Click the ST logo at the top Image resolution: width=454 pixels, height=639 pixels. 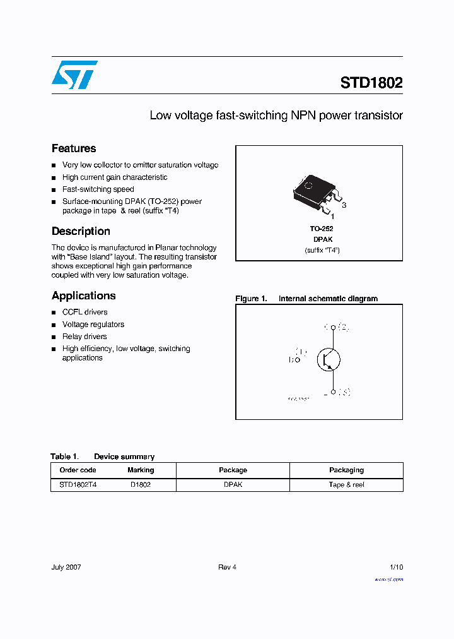pyautogui.click(x=74, y=75)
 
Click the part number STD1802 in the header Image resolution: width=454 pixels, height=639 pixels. pyautogui.click(x=371, y=83)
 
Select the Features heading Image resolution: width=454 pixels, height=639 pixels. pyautogui.click(x=74, y=148)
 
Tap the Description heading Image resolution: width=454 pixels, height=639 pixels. pyautogui.click(x=81, y=231)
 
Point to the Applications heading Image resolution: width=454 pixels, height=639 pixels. pyautogui.click(x=84, y=296)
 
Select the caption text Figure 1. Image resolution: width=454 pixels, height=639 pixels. pyautogui.click(x=251, y=299)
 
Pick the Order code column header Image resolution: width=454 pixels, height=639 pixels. pyautogui.click(x=78, y=470)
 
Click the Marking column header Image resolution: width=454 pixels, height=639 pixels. pyautogui.click(x=141, y=470)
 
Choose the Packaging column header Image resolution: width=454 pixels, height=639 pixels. pyautogui.click(x=346, y=470)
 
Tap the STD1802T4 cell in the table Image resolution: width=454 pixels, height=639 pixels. pyautogui.click(x=78, y=485)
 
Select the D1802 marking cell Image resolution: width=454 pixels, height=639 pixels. pyautogui.click(x=141, y=485)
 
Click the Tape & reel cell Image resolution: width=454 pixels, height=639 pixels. pyautogui.click(x=346, y=485)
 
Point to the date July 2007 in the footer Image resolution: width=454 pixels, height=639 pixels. pyautogui.click(x=66, y=567)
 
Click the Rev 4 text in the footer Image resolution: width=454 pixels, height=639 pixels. pyautogui.click(x=227, y=567)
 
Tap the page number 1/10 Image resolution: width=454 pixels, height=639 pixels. pyautogui.click(x=396, y=567)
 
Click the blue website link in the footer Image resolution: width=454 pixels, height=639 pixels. pyautogui.click(x=388, y=579)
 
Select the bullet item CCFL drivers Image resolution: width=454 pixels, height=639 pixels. pyautogui.click(x=84, y=312)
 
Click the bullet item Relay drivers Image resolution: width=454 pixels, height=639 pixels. pyautogui.click(x=84, y=337)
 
